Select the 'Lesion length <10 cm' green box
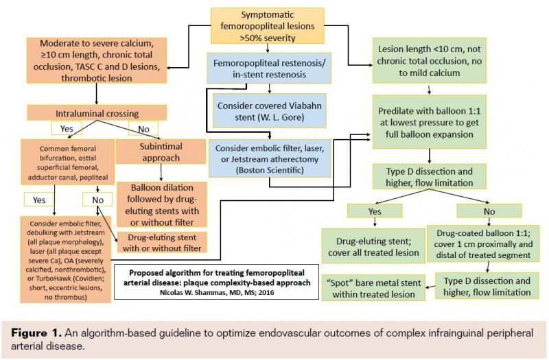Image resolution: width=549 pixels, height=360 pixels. click(x=429, y=59)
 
